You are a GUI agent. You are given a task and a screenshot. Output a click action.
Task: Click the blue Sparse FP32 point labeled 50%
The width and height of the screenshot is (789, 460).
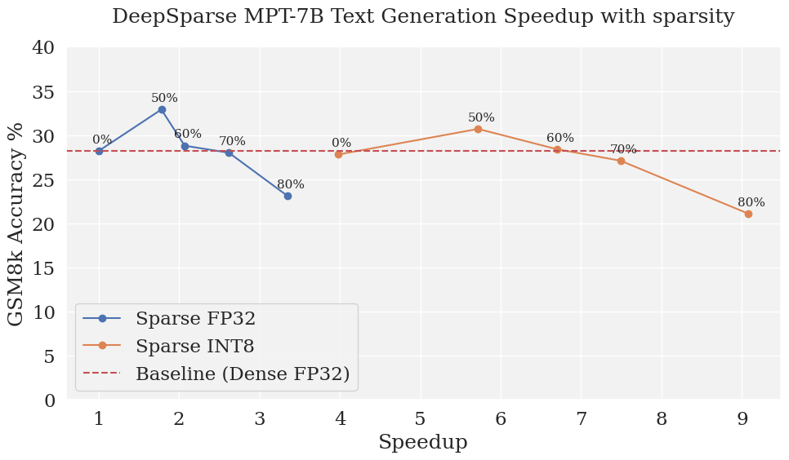[x=162, y=109]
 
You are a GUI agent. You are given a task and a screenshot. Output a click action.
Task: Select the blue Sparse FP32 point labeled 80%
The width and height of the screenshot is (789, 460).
[x=288, y=196]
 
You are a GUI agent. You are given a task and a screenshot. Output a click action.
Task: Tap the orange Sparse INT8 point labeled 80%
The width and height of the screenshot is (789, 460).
[x=748, y=214]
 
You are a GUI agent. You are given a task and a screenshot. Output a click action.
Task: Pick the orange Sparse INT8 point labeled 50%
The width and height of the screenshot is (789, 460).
[x=478, y=129]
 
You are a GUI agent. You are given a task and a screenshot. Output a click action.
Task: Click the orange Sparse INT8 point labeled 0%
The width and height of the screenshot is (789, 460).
[x=338, y=154]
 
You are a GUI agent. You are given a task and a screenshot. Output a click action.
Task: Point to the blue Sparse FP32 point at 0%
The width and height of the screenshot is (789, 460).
[x=99, y=151]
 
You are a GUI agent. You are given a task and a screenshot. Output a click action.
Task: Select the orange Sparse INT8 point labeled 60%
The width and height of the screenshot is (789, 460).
[x=557, y=149]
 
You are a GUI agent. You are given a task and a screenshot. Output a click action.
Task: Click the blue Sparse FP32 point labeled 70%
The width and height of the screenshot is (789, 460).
[x=229, y=153]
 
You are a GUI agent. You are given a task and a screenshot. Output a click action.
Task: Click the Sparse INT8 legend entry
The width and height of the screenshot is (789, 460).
[x=194, y=346]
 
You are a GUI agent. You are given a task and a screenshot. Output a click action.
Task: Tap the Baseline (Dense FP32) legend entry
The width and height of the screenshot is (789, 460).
[x=242, y=374]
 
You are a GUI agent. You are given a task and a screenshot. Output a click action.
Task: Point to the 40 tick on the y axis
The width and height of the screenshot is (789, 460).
[x=42, y=48]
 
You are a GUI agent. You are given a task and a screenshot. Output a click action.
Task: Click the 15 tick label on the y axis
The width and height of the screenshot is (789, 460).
[x=42, y=268]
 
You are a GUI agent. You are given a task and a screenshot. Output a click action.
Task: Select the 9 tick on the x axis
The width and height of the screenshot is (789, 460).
[x=742, y=419]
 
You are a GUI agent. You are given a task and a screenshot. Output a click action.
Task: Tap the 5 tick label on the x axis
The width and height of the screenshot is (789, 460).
[x=421, y=419]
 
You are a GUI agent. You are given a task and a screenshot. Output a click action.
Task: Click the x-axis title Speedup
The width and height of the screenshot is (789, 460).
[x=422, y=443]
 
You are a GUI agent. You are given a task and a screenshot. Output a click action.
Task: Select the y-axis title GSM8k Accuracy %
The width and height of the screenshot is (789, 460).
[x=16, y=224]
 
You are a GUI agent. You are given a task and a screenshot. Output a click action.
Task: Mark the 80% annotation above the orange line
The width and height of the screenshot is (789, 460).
[x=751, y=202]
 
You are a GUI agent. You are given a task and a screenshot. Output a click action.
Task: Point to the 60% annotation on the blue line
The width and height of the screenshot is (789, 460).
[x=188, y=134]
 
